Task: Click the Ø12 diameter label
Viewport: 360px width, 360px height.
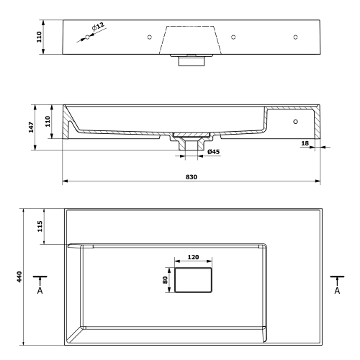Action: [x=99, y=27]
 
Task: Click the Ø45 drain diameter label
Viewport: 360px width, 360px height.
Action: [x=213, y=152]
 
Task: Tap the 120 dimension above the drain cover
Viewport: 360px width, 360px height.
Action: [x=192, y=256]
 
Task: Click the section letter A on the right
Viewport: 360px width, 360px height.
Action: [x=337, y=291]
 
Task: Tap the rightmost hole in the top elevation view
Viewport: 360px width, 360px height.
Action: [x=294, y=37]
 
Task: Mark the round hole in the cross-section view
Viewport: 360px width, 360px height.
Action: [x=295, y=122]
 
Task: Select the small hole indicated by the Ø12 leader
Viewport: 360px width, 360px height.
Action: [x=88, y=37]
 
